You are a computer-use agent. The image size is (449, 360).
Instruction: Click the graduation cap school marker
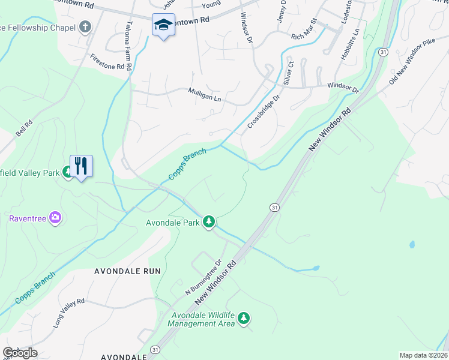click(x=163, y=25)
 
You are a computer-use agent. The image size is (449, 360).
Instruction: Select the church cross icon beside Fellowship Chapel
click(x=85, y=27)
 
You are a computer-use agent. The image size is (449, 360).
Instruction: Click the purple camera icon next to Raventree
click(x=55, y=217)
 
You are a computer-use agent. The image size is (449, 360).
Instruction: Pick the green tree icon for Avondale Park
click(x=208, y=222)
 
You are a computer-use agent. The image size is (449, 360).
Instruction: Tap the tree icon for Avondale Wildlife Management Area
click(x=243, y=318)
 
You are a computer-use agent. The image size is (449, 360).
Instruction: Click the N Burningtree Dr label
click(x=205, y=277)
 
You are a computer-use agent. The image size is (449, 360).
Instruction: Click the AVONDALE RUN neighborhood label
click(x=127, y=271)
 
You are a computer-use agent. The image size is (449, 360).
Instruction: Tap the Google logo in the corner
click(x=20, y=353)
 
